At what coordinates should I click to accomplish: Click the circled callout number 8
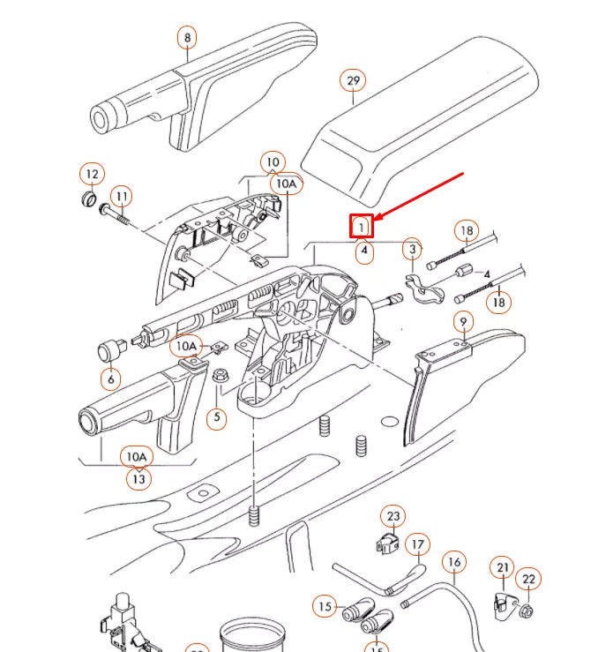(186, 38)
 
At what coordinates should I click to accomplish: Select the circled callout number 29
(353, 81)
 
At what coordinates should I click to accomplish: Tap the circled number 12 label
(92, 172)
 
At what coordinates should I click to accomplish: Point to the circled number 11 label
(121, 195)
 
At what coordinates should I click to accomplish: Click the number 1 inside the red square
(362, 227)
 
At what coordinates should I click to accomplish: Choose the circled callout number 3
(412, 250)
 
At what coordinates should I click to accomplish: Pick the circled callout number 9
(462, 319)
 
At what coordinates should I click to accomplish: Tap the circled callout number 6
(110, 380)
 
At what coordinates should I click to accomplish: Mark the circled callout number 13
(138, 478)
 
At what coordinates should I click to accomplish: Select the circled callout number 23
(393, 516)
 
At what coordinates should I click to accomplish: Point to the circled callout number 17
(417, 546)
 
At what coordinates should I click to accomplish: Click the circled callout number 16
(454, 561)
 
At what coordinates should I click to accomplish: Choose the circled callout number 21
(504, 567)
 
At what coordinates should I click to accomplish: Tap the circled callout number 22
(528, 579)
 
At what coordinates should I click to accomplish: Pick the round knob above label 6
(108, 350)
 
